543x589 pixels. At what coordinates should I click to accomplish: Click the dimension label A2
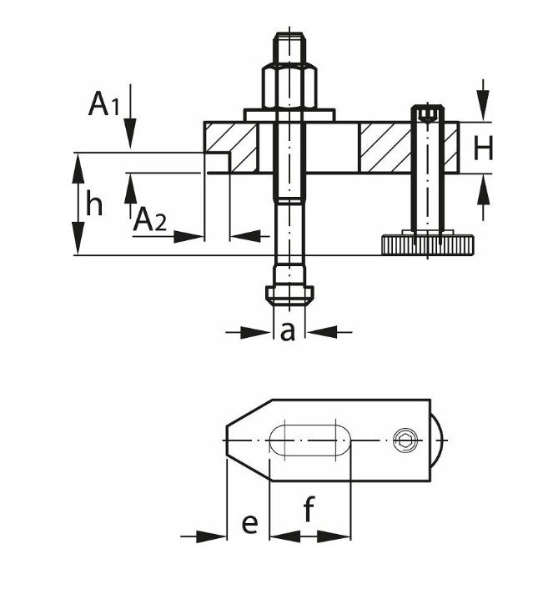point(150,221)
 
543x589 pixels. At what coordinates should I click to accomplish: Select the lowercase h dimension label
point(94,204)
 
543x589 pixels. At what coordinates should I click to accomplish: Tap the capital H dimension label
point(483,149)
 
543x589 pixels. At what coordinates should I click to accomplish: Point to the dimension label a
point(287,332)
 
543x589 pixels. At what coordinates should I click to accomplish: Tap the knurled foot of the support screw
point(428,244)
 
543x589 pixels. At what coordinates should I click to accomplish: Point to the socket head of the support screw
point(427,114)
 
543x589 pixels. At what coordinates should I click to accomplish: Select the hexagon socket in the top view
point(406,439)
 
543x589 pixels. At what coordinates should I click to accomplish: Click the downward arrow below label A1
point(130,133)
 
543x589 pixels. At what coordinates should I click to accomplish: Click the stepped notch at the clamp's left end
point(216,163)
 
